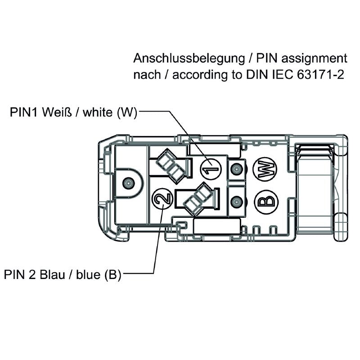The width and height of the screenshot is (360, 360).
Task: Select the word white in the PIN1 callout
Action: click(x=96, y=112)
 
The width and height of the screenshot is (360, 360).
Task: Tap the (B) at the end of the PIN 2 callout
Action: click(x=112, y=274)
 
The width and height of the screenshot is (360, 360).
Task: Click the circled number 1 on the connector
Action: click(x=210, y=170)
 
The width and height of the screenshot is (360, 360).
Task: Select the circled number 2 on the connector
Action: click(x=162, y=198)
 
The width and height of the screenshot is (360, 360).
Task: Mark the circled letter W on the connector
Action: click(x=265, y=170)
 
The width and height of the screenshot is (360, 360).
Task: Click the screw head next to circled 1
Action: click(x=235, y=170)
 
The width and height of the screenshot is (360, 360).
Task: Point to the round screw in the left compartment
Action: click(x=128, y=183)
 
